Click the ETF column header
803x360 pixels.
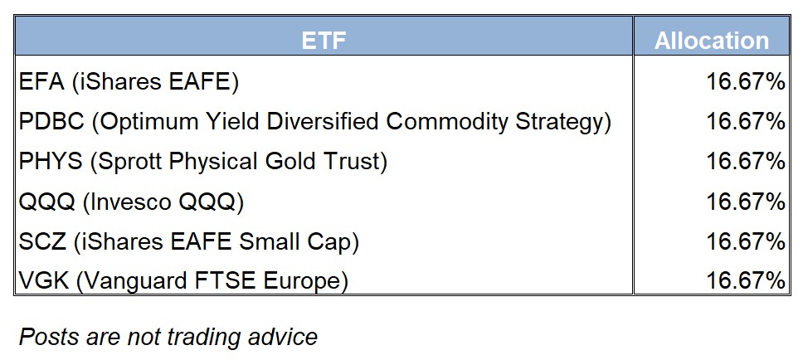coord(324,41)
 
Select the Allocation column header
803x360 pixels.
coord(712,41)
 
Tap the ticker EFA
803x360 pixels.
coord(41,82)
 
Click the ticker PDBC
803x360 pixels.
coord(51,122)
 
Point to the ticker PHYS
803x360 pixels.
coord(50,162)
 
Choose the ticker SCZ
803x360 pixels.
coord(42,241)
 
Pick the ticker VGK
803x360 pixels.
coord(43,281)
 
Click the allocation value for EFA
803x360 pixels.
coord(746,82)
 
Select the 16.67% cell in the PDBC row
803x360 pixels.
coord(746,122)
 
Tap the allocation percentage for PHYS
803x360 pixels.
coord(746,162)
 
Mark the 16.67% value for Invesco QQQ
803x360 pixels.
coord(746,202)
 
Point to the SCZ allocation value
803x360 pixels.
coord(746,241)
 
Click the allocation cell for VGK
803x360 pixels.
coord(746,281)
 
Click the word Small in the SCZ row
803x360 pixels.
coord(261,241)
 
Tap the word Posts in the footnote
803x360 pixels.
coord(49,337)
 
